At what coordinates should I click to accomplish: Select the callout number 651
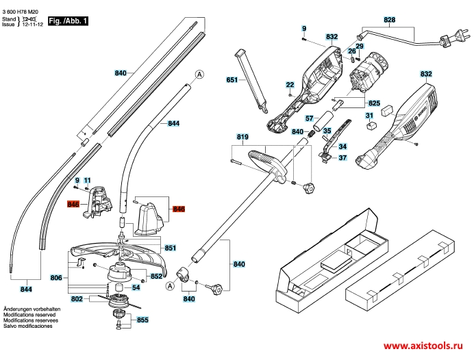pos(232,80)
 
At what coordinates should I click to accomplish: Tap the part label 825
pos(375,103)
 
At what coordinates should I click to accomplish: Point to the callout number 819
pos(242,137)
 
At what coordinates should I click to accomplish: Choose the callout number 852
pos(156,276)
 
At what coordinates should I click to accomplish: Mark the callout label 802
pos(77,299)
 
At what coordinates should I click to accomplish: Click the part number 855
pos(142,320)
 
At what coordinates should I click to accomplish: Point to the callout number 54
pos(136,287)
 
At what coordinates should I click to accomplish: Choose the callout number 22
pos(290,85)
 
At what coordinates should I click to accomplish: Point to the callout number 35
pos(327,131)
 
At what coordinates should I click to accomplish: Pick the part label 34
pos(342,146)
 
